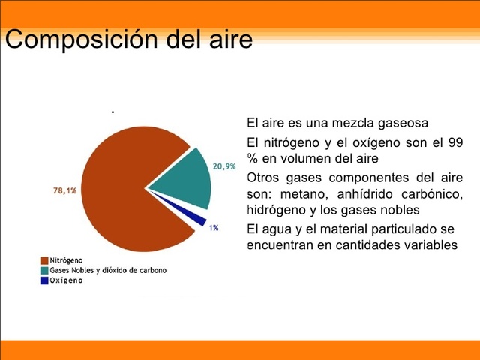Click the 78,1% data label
(64, 190)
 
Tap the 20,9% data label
(224, 166)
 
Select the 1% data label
(214, 227)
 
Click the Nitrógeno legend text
(66, 259)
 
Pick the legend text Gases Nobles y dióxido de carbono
(108, 270)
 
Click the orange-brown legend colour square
(43, 259)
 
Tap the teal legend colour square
(43, 270)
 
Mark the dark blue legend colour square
(43, 280)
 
